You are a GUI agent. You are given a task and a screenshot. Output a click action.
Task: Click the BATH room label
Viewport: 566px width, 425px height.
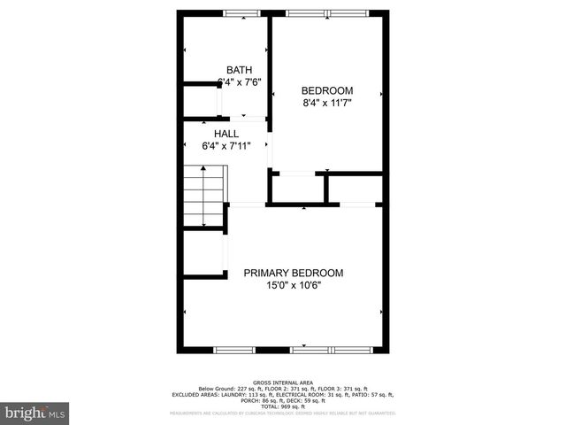(239, 70)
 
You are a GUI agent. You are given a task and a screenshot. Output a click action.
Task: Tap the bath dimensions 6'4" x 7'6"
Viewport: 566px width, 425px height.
(239, 82)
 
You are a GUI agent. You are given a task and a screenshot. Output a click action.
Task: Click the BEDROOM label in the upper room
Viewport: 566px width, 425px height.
(327, 90)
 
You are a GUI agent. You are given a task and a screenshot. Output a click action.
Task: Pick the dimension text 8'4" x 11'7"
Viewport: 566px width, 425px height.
(327, 103)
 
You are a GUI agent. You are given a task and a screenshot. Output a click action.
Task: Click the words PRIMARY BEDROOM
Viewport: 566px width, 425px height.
(294, 273)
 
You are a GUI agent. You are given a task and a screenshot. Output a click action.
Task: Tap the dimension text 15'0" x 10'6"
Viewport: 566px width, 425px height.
(294, 285)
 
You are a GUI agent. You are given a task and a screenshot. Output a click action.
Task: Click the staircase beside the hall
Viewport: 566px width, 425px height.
(204, 199)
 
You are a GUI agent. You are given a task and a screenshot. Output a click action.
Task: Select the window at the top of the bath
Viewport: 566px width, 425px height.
(236, 12)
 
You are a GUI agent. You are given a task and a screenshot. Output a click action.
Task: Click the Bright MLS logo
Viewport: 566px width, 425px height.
(35, 413)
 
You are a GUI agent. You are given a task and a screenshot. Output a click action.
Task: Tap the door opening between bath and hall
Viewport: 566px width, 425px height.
(244, 119)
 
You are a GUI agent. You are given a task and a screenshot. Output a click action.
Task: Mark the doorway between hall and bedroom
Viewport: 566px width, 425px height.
(270, 151)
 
